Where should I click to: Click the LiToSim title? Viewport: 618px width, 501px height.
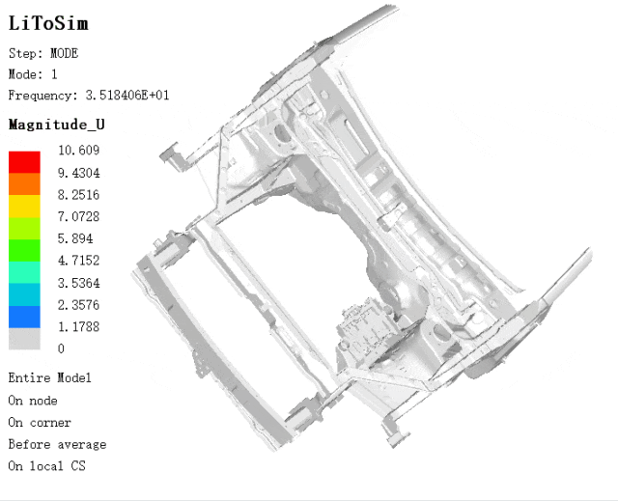click(48, 23)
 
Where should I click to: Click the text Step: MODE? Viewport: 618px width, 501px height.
click(43, 53)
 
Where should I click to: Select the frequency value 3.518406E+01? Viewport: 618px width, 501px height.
click(127, 96)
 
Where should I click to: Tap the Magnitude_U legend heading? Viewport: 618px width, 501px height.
click(56, 125)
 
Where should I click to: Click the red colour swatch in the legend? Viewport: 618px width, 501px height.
click(24, 162)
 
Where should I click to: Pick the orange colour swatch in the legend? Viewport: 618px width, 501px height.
click(24, 184)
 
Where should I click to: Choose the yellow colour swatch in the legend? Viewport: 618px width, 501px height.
click(24, 207)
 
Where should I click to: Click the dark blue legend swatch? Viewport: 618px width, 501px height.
click(24, 317)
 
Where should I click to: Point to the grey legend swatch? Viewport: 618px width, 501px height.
click(24, 339)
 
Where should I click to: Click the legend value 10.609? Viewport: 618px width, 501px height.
click(79, 150)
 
